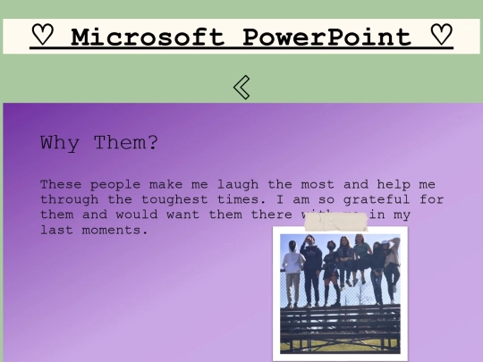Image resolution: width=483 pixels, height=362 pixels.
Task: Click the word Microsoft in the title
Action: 147,38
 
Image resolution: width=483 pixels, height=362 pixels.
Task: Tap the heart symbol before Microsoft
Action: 42,37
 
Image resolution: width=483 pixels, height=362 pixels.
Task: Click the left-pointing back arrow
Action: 241,87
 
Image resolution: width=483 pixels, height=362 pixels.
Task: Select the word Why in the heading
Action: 58,143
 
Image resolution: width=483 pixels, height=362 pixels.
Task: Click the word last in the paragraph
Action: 55,230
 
